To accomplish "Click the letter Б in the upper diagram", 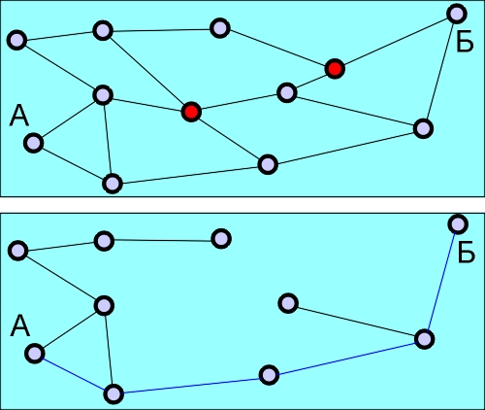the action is pos(465,42).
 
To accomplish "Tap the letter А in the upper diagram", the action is pos(19,116).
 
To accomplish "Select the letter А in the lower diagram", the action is pos(20,326).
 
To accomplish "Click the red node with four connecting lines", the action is pos(191,112).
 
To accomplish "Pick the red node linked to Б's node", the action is pos(335,69).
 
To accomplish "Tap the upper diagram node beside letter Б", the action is pos(457,14).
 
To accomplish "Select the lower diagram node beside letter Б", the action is pos(458,223).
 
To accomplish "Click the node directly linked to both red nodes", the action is pos(287,92).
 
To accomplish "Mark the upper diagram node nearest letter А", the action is pos(34,143).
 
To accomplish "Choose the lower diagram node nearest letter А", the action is pos(35,353).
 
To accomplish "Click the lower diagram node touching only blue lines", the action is pos(269,375).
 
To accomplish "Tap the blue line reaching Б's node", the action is pos(441,282).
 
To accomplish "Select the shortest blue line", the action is pos(74,374).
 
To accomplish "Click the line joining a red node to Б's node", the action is pos(396,41).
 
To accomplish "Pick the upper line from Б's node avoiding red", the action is pos(440,71).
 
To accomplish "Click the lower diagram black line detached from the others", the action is pos(356,321).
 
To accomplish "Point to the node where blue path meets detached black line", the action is pos(424,339).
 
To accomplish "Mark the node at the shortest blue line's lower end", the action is pos(113,393).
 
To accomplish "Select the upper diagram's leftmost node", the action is pos(16,40).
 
